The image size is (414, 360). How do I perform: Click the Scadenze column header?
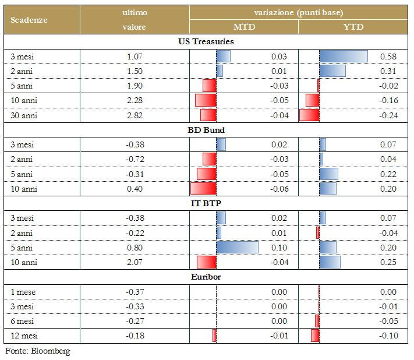(x=29, y=19)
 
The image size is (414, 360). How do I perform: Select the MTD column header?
(x=243, y=27)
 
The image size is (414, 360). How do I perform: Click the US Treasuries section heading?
(x=206, y=42)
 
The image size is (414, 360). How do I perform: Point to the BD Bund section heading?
(x=206, y=130)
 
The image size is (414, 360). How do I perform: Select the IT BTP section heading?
(x=206, y=203)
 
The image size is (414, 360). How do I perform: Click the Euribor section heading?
(x=206, y=277)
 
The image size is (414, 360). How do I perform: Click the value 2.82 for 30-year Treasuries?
(x=135, y=115)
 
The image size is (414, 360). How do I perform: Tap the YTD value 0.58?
(x=388, y=57)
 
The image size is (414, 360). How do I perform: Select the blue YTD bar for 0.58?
(x=344, y=57)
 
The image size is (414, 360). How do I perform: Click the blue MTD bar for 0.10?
(x=237, y=248)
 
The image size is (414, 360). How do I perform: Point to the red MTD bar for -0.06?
(x=203, y=189)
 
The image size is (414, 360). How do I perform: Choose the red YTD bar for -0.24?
(x=309, y=115)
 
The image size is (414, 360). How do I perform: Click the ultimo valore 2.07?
(x=135, y=262)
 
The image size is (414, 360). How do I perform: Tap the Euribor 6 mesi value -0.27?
(x=135, y=321)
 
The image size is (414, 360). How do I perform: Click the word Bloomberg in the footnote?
(x=51, y=351)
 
